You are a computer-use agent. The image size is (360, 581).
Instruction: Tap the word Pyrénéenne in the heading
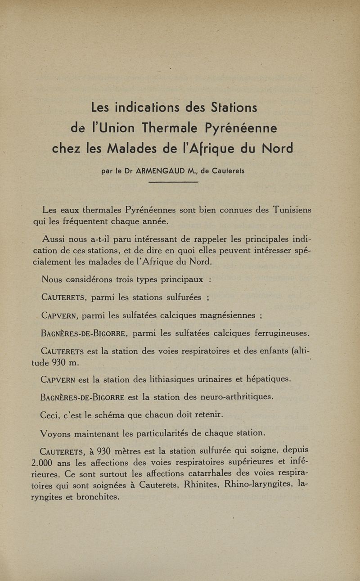coord(241,129)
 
